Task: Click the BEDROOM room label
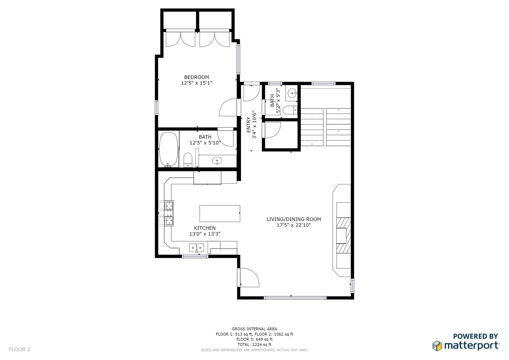[x=197, y=77]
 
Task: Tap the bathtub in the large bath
[x=168, y=149]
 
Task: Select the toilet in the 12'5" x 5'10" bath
[x=188, y=160]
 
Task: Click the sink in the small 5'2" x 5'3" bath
[x=292, y=93]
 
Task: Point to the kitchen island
[x=220, y=213]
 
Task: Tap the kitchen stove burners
[x=166, y=213]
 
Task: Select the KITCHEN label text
[x=205, y=228]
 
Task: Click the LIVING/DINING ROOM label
[x=294, y=219]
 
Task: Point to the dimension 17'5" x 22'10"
[x=294, y=225]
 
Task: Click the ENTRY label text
[x=248, y=125]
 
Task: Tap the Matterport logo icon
[x=437, y=346]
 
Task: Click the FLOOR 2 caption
[x=20, y=350]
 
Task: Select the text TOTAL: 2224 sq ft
[x=254, y=345]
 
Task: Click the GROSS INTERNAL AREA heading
[x=254, y=329]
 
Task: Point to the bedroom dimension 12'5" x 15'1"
[x=197, y=83]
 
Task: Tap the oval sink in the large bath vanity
[x=217, y=161]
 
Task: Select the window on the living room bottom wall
[x=295, y=298]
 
